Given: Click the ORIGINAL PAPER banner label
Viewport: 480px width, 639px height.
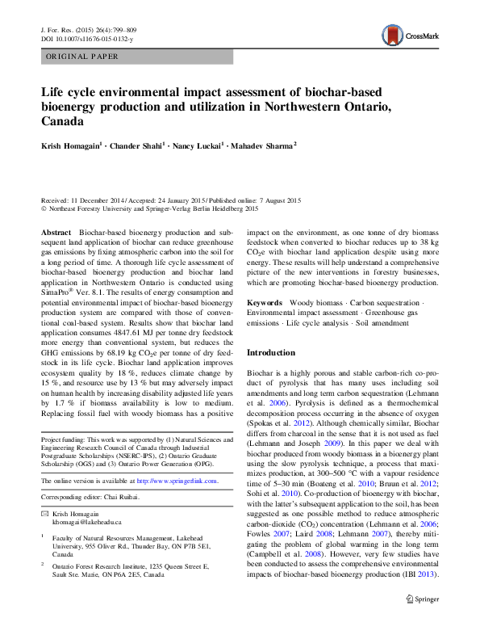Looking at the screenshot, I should (82, 57).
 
